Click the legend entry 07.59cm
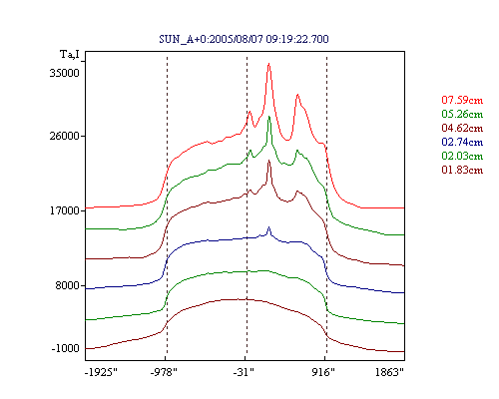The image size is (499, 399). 462,100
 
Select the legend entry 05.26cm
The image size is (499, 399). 462,114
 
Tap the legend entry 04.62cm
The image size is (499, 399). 462,128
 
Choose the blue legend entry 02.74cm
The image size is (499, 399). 462,142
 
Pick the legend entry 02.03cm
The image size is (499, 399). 462,156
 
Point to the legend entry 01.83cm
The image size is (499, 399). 462,170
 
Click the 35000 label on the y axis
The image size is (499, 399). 65,73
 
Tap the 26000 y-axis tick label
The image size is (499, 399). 65,136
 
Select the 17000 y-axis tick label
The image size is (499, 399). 65,210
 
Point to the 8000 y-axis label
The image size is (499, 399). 68,285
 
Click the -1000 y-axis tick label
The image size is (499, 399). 66,348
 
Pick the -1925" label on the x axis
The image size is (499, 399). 101,372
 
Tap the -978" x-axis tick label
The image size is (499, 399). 164,372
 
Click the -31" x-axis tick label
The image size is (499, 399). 244,372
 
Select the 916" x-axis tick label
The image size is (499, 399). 323,372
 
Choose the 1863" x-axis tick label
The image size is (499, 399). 389,372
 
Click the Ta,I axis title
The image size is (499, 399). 70,54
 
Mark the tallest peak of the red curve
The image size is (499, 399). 268,64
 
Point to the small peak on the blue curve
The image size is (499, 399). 268,227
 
